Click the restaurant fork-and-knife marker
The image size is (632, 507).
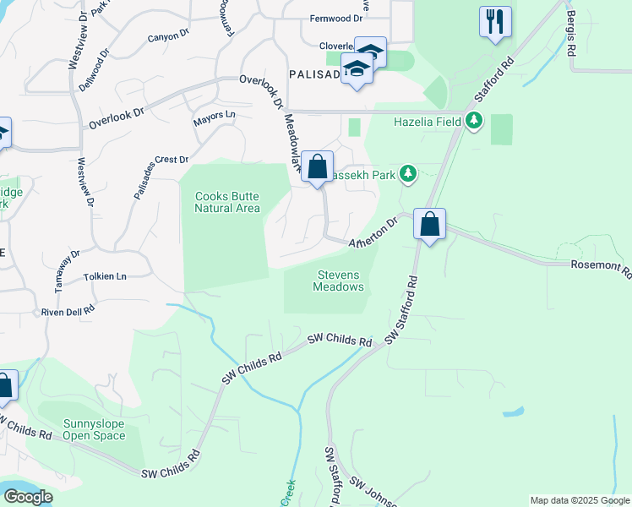[x=494, y=21]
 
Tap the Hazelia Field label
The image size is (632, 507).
[x=428, y=122]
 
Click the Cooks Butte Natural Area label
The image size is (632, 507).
[x=227, y=202]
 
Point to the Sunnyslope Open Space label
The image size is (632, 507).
[x=93, y=430]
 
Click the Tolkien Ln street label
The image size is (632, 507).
[x=105, y=276]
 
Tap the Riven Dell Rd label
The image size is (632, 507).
[x=68, y=312]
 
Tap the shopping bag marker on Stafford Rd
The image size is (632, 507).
[x=430, y=225]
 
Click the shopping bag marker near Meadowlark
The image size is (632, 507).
[x=318, y=166]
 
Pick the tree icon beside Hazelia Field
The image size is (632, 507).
[x=475, y=121]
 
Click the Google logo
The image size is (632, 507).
[x=29, y=497]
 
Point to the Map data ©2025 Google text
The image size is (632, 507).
[x=579, y=500]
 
